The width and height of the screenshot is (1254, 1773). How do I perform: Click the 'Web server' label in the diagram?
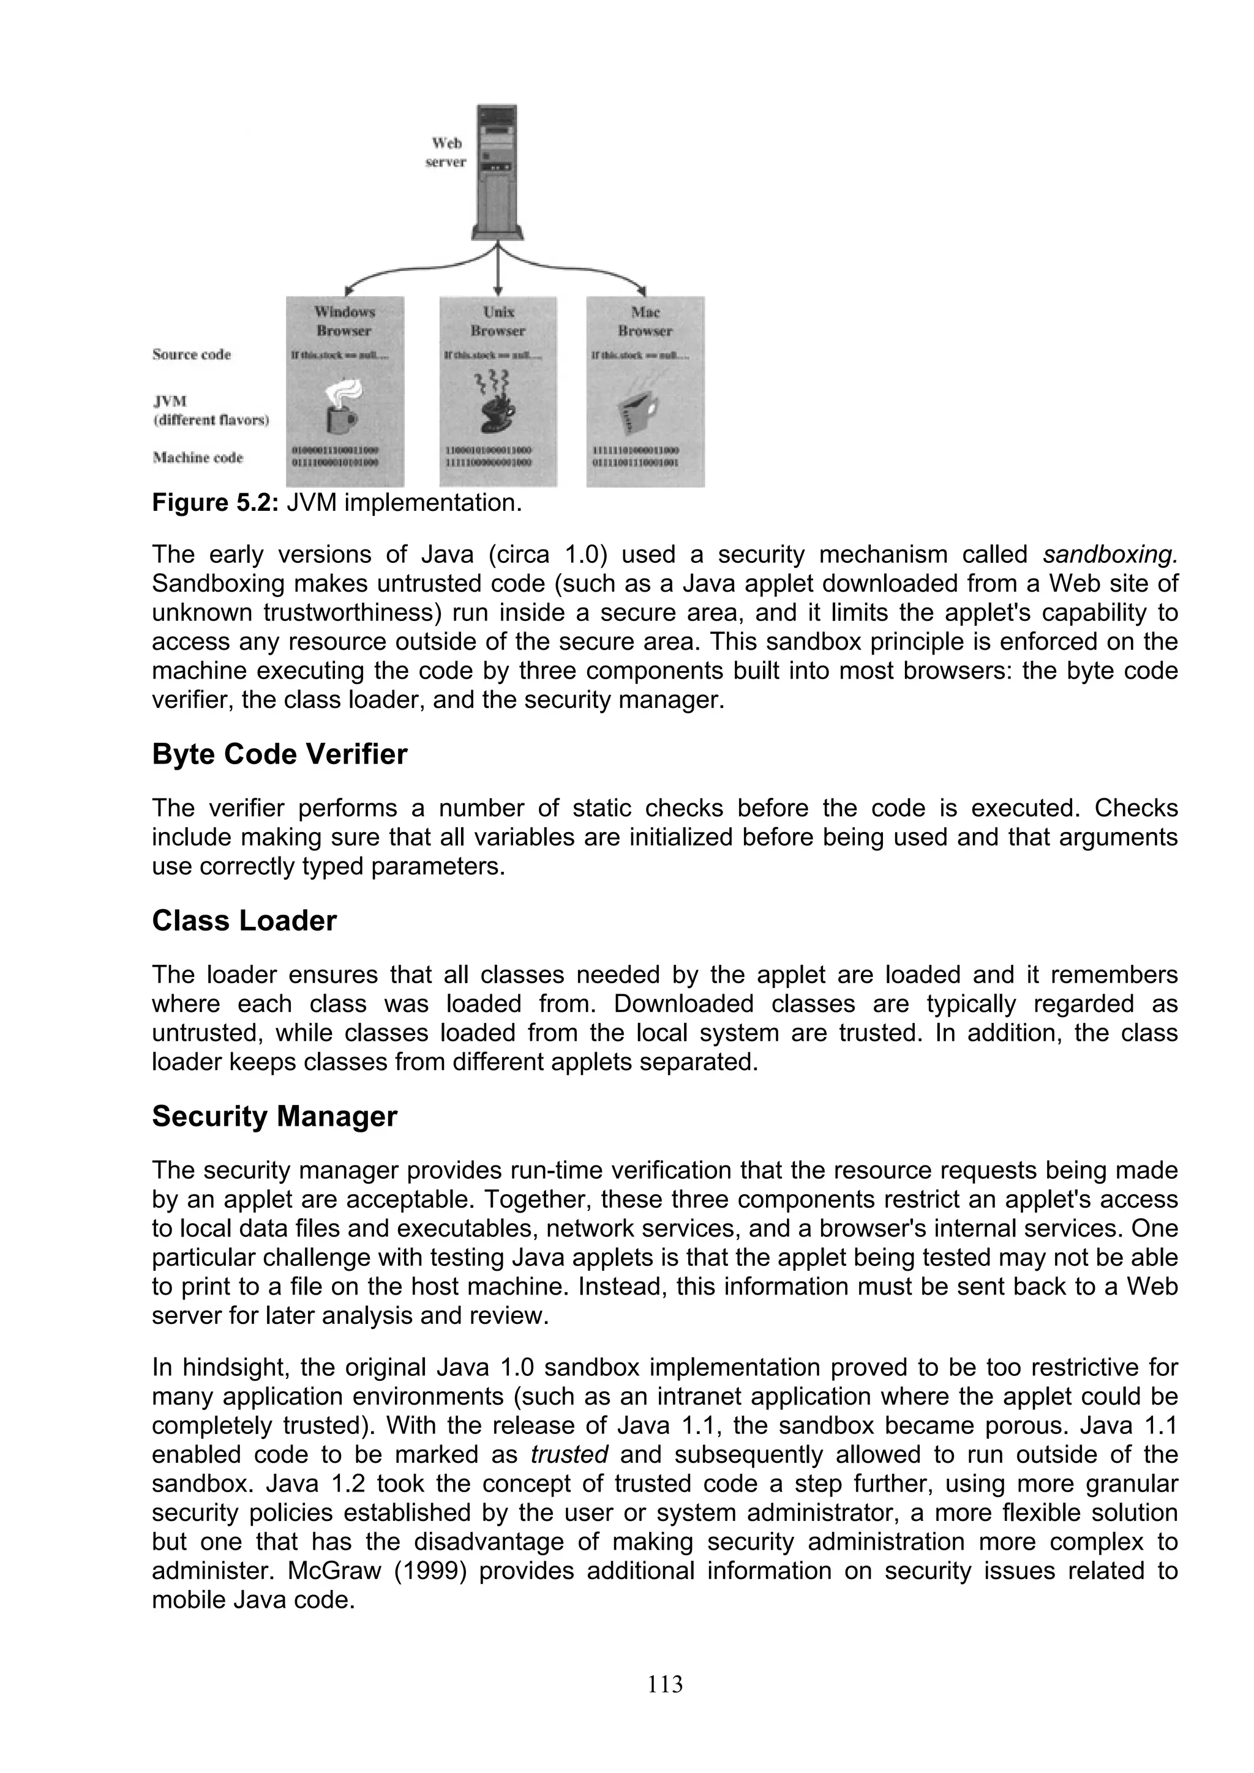pos(446,152)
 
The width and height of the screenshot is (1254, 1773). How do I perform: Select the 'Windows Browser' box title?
pos(344,321)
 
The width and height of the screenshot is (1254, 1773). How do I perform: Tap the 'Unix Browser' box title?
pos(498,321)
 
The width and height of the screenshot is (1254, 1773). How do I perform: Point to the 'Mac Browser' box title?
pos(645,321)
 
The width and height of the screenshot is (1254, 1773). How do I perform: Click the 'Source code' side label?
pos(192,354)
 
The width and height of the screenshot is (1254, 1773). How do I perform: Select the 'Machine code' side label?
pos(198,458)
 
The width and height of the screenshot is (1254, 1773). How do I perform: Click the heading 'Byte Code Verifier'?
pos(279,754)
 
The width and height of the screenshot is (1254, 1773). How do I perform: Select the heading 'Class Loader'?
pos(244,921)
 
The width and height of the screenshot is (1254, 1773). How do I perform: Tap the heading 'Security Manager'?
pos(274,1117)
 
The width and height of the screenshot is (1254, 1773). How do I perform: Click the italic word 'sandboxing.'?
pos(1109,554)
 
